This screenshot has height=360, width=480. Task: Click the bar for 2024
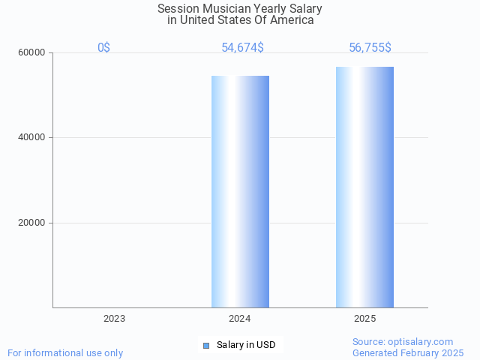tap(240, 191)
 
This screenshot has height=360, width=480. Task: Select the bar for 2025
tap(364, 187)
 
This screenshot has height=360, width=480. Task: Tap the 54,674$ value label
tap(242, 48)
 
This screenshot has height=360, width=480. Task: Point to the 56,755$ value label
tap(370, 48)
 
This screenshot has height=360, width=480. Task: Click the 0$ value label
tap(103, 48)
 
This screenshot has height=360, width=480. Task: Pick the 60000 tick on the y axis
tap(31, 53)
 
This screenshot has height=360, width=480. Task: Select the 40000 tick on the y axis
tap(31, 138)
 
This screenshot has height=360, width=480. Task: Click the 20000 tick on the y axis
tap(31, 223)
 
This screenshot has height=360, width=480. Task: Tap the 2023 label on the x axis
tap(115, 319)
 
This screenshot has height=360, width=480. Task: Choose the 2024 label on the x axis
tap(240, 319)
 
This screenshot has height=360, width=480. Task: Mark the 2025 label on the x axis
tap(365, 319)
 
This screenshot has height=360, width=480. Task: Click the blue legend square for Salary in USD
tap(206, 345)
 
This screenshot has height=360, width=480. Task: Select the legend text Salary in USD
tap(246, 345)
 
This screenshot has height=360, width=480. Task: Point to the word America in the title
tap(292, 20)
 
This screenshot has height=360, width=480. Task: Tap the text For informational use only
tap(65, 352)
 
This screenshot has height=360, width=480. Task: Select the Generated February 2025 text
tap(408, 352)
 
